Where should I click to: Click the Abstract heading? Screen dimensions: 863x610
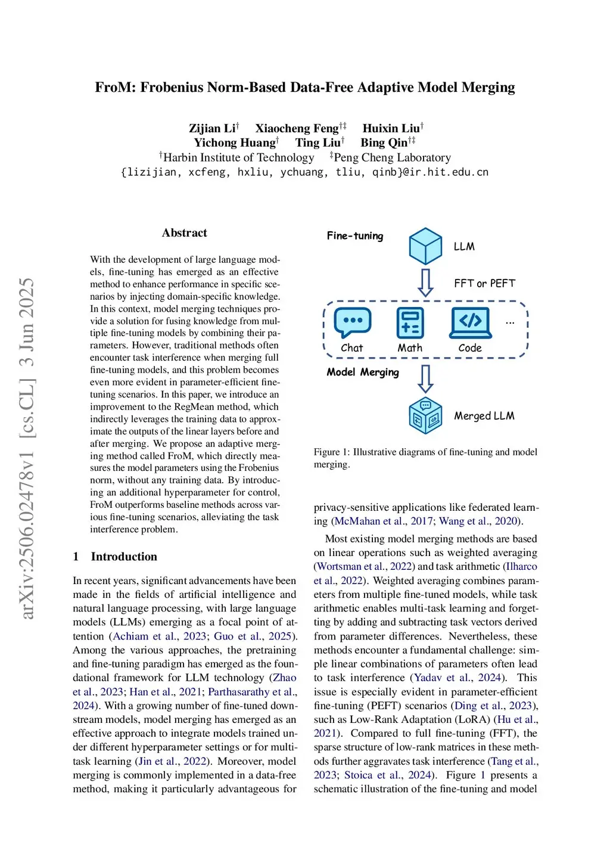184,233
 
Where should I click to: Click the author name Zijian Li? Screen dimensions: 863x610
212,129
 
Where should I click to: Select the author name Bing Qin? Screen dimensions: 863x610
384,143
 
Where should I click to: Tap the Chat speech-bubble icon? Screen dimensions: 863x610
353,322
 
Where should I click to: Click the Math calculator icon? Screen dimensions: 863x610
410,323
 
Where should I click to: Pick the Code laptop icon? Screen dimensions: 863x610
471,322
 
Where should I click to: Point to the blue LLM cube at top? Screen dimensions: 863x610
425,246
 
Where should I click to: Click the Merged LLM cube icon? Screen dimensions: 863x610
425,415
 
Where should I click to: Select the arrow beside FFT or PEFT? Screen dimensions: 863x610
425,283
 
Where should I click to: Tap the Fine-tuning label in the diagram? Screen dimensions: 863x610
355,236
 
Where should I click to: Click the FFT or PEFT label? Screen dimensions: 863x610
484,284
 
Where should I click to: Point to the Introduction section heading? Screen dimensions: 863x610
124,557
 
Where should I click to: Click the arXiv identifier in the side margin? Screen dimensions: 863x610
27,448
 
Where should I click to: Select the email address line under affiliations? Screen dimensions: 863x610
304,172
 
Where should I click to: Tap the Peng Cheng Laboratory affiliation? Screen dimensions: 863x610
392,158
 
